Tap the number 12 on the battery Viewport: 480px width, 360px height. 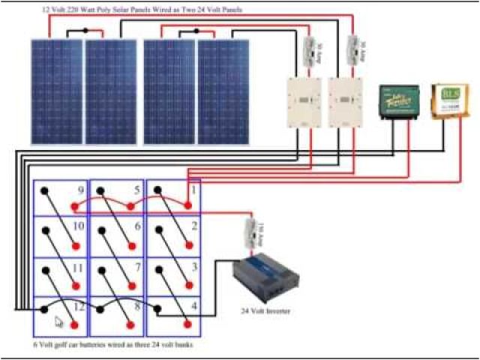(x=78, y=307)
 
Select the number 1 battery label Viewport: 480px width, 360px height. (x=193, y=190)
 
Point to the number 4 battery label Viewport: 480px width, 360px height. (x=193, y=306)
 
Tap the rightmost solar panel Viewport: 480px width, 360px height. (x=223, y=91)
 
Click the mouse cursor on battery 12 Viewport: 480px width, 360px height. (x=59, y=321)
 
